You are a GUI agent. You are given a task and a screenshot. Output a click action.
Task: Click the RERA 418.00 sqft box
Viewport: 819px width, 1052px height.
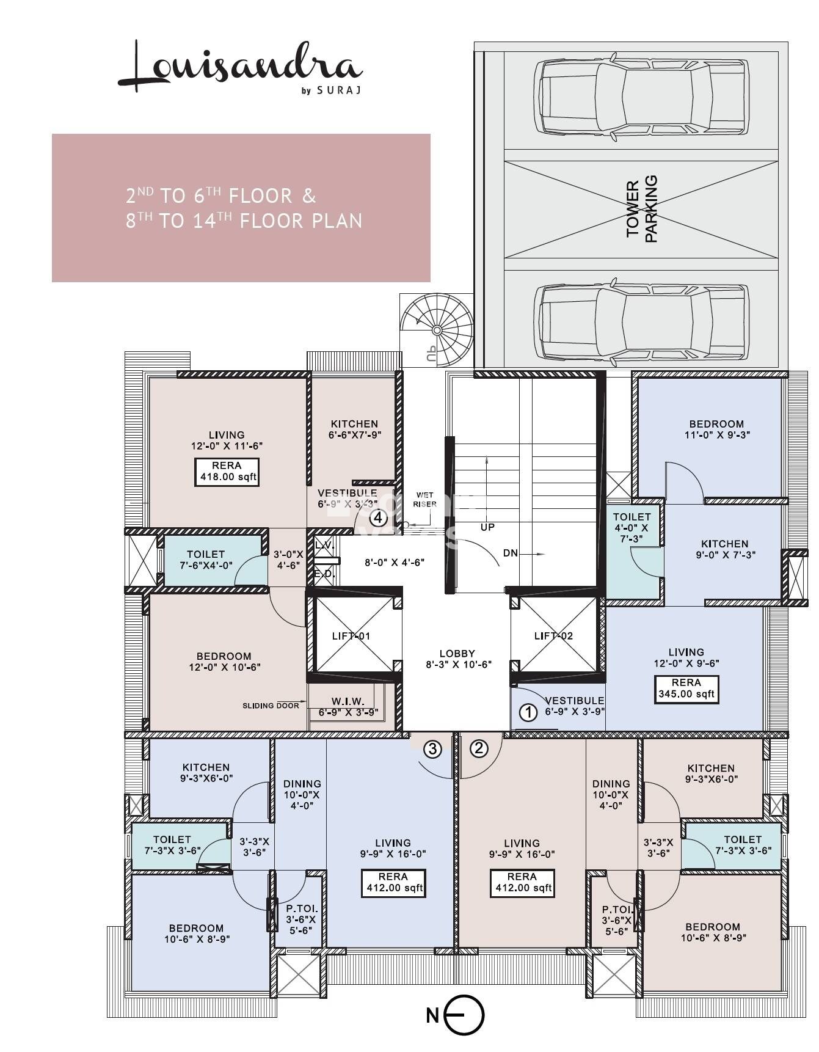(227, 472)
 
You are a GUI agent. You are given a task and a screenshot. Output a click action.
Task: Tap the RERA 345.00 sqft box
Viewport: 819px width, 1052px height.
(686, 689)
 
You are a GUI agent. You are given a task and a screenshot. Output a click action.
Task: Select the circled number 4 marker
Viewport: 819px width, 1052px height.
(379, 519)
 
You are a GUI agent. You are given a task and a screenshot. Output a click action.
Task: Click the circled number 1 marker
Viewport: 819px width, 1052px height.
(528, 712)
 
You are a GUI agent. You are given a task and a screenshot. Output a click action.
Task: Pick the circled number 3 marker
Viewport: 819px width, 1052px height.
(432, 749)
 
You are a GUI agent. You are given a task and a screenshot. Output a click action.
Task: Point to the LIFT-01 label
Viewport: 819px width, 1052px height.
(351, 636)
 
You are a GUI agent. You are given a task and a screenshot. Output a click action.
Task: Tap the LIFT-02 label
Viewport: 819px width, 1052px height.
(553, 636)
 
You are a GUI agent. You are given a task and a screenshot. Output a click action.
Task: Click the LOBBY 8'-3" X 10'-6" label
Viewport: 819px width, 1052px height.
(457, 659)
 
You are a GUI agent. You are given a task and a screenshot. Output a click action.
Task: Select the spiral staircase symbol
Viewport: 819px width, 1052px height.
(437, 330)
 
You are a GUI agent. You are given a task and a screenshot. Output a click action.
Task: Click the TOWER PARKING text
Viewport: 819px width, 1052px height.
(642, 210)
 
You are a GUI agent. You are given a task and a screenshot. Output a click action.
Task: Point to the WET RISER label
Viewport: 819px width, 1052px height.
(424, 500)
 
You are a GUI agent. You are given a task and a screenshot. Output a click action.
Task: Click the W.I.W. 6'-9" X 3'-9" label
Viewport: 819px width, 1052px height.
(348, 706)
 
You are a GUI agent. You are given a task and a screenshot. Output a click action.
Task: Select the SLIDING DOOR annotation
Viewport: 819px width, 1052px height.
(271, 706)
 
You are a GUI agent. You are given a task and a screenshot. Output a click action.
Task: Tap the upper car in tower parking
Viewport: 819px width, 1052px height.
(641, 97)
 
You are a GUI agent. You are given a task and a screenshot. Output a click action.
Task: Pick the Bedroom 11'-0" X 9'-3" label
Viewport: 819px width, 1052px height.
(716, 429)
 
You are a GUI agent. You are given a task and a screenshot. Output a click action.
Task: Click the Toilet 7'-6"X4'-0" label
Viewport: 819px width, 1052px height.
(206, 560)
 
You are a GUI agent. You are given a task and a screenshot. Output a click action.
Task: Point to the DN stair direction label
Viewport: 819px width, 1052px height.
(511, 553)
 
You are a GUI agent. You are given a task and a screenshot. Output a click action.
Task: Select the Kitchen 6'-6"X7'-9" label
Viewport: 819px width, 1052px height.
(354, 429)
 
